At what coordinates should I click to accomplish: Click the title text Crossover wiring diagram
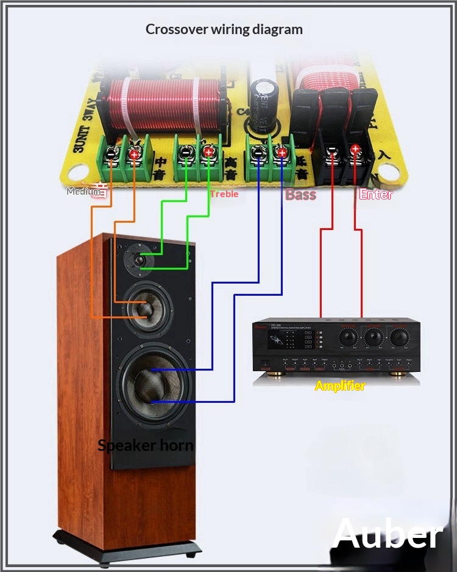click(224, 29)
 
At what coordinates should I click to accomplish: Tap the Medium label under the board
click(83, 191)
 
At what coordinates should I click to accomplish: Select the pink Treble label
click(224, 194)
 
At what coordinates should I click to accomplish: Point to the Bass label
click(301, 195)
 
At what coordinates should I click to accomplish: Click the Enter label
click(376, 195)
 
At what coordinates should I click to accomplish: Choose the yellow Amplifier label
click(340, 386)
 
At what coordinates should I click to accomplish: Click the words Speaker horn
click(146, 445)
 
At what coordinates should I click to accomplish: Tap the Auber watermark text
click(388, 534)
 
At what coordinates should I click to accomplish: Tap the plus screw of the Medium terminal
click(133, 155)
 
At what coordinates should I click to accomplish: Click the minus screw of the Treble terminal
click(185, 153)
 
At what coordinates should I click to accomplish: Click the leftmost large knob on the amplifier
click(349, 336)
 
